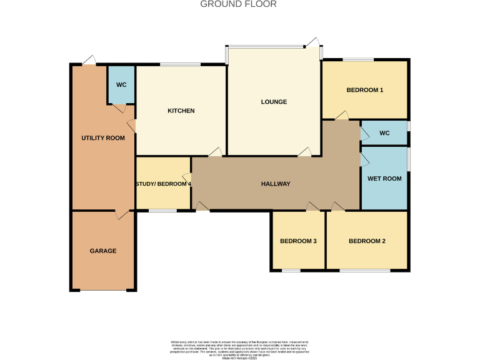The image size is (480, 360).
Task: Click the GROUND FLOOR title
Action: pyautogui.click(x=238, y=4)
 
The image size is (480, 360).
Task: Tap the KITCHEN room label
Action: pyautogui.click(x=181, y=111)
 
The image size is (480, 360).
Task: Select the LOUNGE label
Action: pyautogui.click(x=274, y=102)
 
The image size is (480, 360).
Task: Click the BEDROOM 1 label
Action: pyautogui.click(x=365, y=90)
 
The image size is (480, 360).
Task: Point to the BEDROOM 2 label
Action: pyautogui.click(x=367, y=241)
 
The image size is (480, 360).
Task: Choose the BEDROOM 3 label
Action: pyautogui.click(x=298, y=241)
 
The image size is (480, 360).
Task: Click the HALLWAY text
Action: pyautogui.click(x=276, y=184)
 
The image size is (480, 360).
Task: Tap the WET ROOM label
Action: pyautogui.click(x=384, y=179)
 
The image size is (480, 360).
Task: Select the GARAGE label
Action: pyautogui.click(x=103, y=251)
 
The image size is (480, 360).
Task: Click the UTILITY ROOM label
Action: pyautogui.click(x=103, y=138)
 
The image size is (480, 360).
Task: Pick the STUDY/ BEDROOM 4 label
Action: pyautogui.click(x=164, y=184)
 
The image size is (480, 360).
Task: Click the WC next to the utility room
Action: pyautogui.click(x=121, y=85)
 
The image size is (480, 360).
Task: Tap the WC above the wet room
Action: pyautogui.click(x=384, y=133)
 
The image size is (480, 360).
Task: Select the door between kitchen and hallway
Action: pyautogui.click(x=215, y=152)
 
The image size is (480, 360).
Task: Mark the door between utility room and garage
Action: pyautogui.click(x=122, y=214)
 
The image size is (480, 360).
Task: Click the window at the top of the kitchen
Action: pyautogui.click(x=181, y=64)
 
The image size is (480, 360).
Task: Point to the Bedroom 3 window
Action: pyautogui.click(x=291, y=271)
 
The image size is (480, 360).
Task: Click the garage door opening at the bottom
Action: pyautogui.click(x=103, y=290)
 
